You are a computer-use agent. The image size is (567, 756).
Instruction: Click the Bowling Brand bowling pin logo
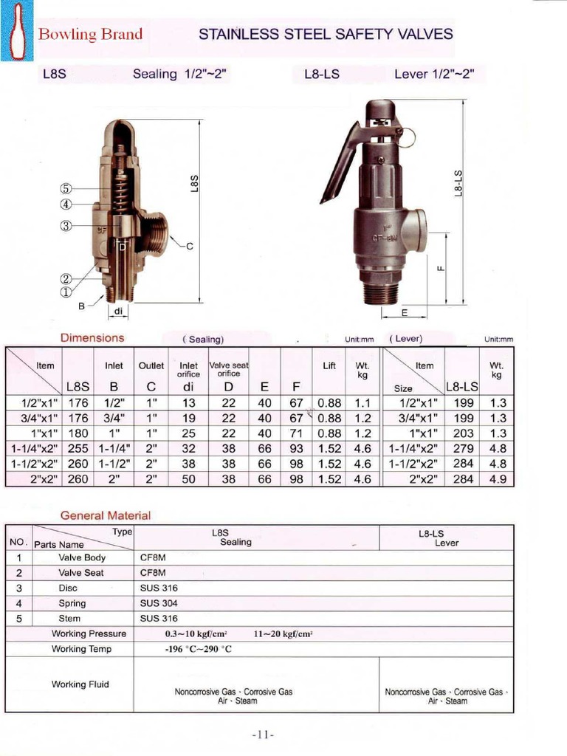[17, 33]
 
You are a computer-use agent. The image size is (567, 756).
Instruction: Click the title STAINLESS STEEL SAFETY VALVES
[326, 34]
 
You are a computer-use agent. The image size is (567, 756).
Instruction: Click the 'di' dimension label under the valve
[118, 311]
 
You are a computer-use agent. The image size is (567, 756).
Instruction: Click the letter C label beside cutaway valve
[189, 246]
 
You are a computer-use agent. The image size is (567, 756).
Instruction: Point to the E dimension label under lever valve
[404, 312]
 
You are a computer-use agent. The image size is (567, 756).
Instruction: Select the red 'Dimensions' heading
[92, 338]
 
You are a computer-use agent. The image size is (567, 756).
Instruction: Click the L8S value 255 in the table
[78, 448]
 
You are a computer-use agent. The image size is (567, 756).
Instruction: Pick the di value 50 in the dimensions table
[189, 479]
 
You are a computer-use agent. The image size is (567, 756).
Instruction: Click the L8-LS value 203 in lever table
[462, 433]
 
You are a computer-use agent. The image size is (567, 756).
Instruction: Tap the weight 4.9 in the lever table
[498, 479]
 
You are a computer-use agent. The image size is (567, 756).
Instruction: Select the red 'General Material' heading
[105, 515]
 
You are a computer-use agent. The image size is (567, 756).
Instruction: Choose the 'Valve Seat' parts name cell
[81, 573]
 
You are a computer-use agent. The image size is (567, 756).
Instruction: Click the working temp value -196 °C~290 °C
[198, 650]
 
